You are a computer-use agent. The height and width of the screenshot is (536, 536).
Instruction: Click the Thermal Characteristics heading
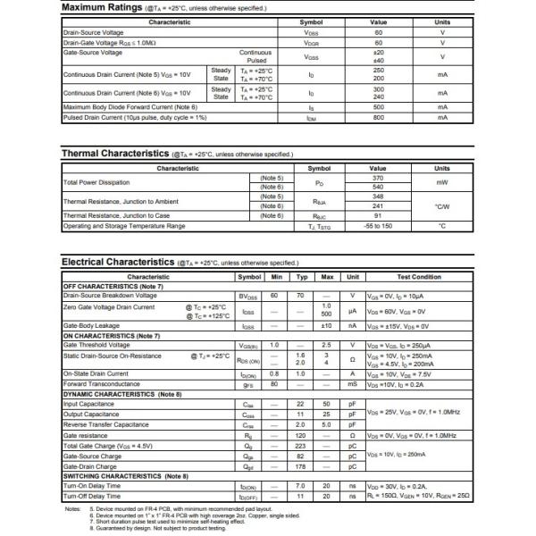114,154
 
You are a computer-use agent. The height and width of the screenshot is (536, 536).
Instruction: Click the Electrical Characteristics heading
117,262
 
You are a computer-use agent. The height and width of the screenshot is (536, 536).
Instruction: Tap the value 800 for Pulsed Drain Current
379,117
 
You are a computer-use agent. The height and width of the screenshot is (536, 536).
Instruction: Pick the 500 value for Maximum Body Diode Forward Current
379,107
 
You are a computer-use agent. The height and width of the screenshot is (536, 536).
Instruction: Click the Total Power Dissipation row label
96,182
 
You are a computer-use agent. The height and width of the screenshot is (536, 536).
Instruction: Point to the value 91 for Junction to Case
379,215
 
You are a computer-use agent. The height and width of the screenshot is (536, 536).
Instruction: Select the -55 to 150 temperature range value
379,226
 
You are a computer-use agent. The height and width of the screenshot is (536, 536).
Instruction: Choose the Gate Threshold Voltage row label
96,345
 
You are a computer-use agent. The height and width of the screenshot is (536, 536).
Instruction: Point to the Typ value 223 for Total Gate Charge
300,444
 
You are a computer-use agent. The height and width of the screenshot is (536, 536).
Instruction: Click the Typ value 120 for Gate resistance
300,434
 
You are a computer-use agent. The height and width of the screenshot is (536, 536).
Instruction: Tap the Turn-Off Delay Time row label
92,496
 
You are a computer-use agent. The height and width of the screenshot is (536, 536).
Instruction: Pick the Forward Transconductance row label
103,384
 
